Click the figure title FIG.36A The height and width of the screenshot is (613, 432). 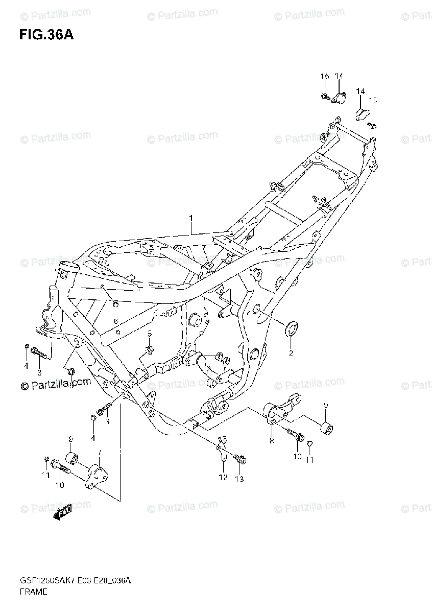[43, 35]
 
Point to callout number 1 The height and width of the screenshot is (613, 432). [190, 219]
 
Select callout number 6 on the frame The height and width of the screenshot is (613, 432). [116, 320]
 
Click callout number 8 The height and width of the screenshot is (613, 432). [272, 440]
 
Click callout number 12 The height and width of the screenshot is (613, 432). [223, 478]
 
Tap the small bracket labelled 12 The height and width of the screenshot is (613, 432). [222, 452]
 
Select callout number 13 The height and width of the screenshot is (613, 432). [239, 479]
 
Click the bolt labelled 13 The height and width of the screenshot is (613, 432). [239, 459]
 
